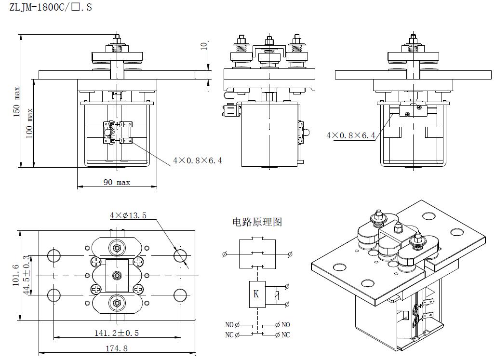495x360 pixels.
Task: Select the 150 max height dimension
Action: point(17,102)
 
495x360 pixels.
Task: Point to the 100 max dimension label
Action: point(30,124)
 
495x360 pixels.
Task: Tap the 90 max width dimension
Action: point(116,182)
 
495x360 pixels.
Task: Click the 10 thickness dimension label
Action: point(204,46)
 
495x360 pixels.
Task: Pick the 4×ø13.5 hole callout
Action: point(128,215)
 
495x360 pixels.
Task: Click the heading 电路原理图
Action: point(257,222)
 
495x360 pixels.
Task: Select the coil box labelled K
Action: point(256,293)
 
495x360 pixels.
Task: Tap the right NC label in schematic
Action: point(286,335)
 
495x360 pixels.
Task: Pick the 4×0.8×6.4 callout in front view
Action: point(198,160)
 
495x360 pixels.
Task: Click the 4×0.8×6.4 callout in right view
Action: point(350,135)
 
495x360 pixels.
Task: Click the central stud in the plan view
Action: point(117,275)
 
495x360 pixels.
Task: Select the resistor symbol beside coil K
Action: point(277,295)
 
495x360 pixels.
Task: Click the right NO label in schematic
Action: point(286,325)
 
